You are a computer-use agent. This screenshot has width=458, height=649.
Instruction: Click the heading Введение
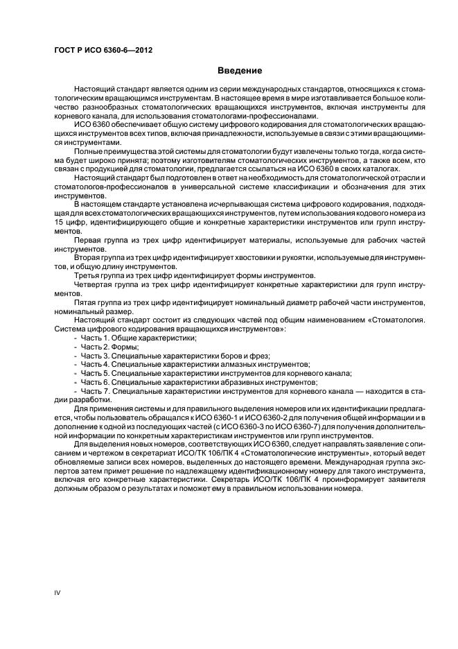240,71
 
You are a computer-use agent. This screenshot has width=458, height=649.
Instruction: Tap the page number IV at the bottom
58,591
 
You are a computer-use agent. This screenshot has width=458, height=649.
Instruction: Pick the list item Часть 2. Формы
109,346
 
